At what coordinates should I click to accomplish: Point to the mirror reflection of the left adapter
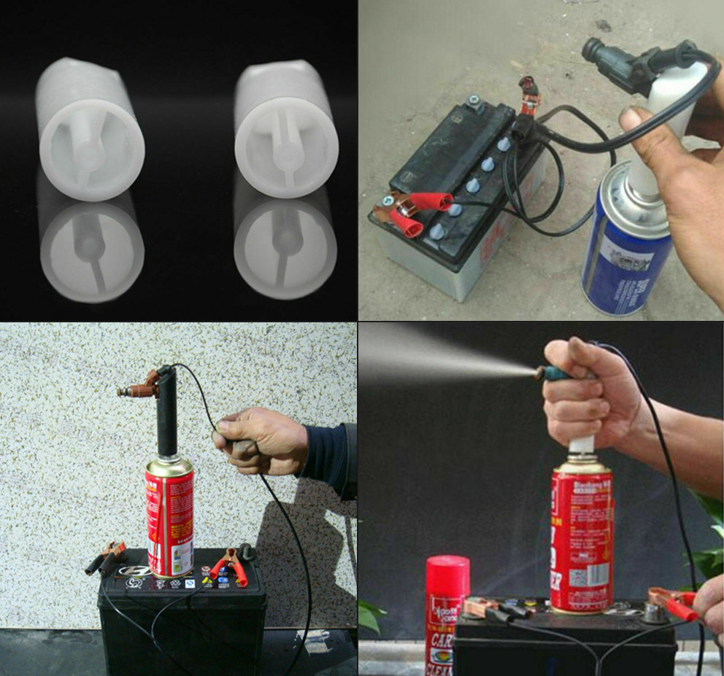pyautogui.click(x=91, y=248)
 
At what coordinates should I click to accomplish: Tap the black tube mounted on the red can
pyautogui.click(x=168, y=416)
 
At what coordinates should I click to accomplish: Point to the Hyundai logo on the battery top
pyautogui.click(x=132, y=570)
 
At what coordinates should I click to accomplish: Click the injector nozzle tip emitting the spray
pyautogui.click(x=540, y=373)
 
